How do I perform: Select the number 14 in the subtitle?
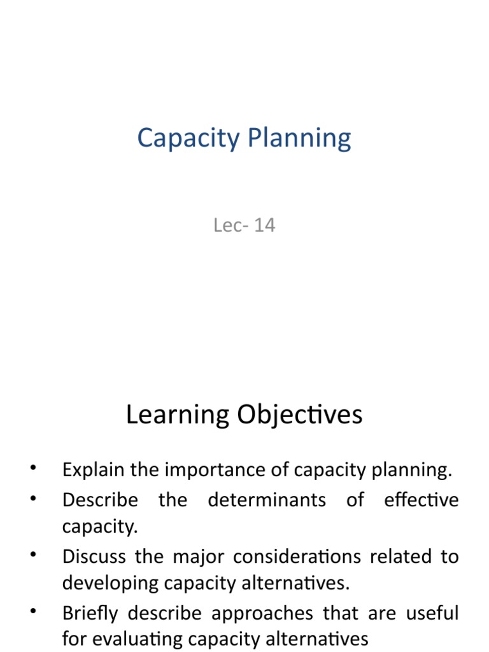pyautogui.click(x=264, y=225)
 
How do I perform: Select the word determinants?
pyautogui.click(x=267, y=500)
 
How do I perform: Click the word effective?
pyautogui.click(x=421, y=500)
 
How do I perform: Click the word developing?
pyautogui.click(x=106, y=583)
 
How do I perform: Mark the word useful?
pyautogui.click(x=433, y=613)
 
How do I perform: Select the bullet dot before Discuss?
pyautogui.click(x=33, y=556)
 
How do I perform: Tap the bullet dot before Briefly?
pyautogui.click(x=33, y=613)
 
